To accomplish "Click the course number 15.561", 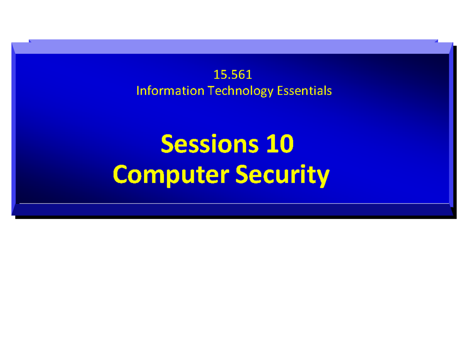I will click(x=233, y=74).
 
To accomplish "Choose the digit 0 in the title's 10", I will click(x=286, y=144).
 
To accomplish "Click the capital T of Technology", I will click(x=210, y=91).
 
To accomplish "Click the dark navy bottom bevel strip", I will click(x=233, y=210).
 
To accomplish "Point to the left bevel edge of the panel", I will click(x=14, y=128).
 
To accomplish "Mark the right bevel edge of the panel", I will click(x=451, y=128).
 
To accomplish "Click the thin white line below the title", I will click(x=233, y=203).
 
